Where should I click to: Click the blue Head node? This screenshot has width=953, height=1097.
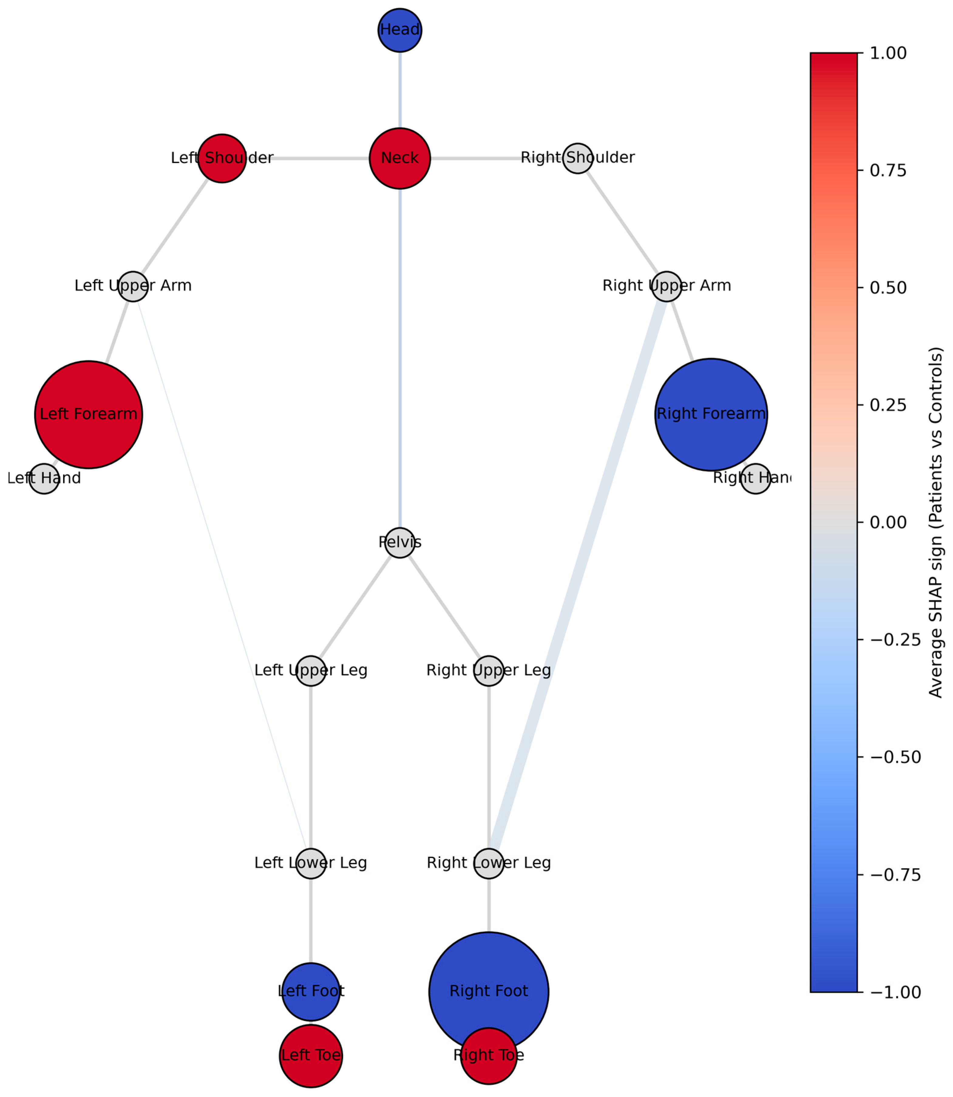coord(400,30)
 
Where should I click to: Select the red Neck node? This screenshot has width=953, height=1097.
coord(400,158)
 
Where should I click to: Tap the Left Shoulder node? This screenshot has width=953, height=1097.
coord(222,158)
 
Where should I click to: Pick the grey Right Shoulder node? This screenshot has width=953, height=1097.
coord(578,158)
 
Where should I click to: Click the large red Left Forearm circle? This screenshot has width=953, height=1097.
coord(89,414)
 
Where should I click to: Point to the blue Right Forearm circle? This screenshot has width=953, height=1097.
coord(711,414)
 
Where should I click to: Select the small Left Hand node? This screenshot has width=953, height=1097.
coord(44,478)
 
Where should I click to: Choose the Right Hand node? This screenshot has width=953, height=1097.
coord(755,478)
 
